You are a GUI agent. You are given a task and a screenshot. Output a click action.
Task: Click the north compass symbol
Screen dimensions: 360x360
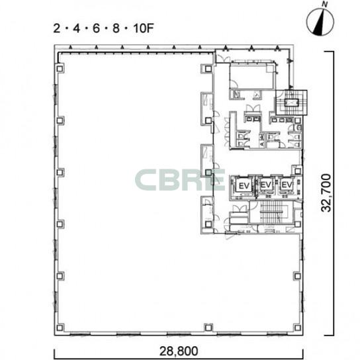(x=320, y=22)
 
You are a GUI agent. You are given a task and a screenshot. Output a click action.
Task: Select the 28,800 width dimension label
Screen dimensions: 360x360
(x=179, y=351)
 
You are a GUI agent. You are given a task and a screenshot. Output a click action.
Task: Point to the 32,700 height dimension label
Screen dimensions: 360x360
(x=326, y=193)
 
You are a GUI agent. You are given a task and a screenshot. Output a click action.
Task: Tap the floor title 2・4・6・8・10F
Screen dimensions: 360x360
(x=103, y=28)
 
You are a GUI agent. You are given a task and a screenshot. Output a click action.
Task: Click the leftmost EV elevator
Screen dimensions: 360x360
(x=244, y=186)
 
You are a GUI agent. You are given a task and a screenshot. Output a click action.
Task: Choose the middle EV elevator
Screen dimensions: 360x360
(x=266, y=185)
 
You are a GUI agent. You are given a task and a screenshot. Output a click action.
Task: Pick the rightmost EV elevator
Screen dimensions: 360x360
(x=287, y=185)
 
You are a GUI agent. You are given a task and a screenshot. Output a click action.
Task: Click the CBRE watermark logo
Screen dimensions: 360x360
(x=180, y=180)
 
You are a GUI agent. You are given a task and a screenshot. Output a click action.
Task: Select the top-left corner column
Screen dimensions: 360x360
(x=60, y=69)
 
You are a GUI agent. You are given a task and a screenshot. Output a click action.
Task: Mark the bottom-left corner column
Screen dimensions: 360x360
(x=60, y=328)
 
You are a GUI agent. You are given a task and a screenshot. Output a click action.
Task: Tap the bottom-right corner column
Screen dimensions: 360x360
(x=298, y=328)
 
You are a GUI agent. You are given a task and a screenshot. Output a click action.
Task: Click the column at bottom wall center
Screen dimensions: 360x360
(x=208, y=328)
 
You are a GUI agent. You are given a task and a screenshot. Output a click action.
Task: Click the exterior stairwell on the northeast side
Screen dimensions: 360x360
(x=291, y=103)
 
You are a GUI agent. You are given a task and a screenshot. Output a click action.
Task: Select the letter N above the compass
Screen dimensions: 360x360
(x=324, y=4)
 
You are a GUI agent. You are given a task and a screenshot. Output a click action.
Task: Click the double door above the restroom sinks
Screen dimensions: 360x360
(x=253, y=108)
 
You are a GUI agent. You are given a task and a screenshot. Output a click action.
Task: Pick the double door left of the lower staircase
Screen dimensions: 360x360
(x=240, y=208)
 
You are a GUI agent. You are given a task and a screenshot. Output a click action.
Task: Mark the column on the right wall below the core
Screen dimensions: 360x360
(x=298, y=276)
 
